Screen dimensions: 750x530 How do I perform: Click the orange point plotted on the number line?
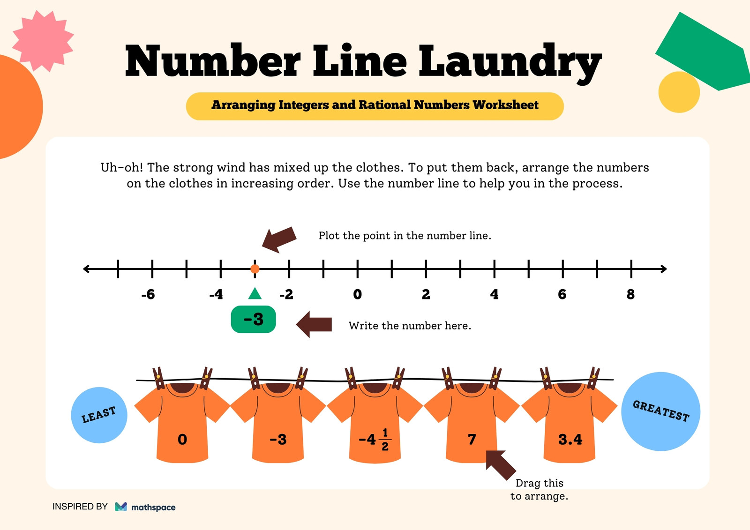pyautogui.click(x=255, y=269)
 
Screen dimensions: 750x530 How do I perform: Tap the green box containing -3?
pyautogui.click(x=254, y=319)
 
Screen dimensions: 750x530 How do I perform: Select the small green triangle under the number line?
pyautogui.click(x=255, y=293)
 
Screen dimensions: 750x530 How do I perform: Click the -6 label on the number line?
pyautogui.click(x=148, y=294)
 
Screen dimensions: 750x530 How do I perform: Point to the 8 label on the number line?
pyautogui.click(x=630, y=294)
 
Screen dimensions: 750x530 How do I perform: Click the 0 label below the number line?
pyautogui.click(x=357, y=294)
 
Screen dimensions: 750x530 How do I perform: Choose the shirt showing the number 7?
pyautogui.click(x=472, y=423)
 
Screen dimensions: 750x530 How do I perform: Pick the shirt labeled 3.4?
pyautogui.click(x=570, y=423)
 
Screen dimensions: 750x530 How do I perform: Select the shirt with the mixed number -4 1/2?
pyautogui.click(x=375, y=423)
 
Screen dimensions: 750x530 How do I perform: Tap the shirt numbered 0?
pyautogui.click(x=182, y=423)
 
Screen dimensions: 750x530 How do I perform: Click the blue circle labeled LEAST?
pyautogui.click(x=99, y=415)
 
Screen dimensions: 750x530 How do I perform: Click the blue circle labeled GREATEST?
pyautogui.click(x=660, y=411)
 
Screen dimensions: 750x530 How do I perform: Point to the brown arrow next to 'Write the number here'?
pyautogui.click(x=314, y=324)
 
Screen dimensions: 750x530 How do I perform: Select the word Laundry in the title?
pyautogui.click(x=510, y=63)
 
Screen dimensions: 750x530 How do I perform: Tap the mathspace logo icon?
pyautogui.click(x=121, y=507)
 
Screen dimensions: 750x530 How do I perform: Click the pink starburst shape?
pyautogui.click(x=43, y=41)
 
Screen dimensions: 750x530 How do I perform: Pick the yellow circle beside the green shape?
pyautogui.click(x=679, y=92)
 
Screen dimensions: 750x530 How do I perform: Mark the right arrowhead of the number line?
pyautogui.click(x=664, y=269)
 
